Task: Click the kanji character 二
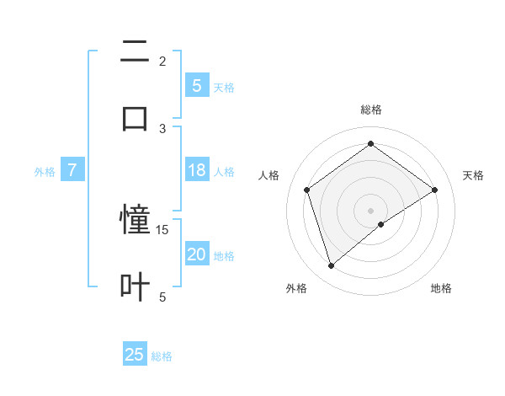[x=135, y=53]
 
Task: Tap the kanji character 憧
[x=135, y=220]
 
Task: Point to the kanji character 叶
[x=135, y=286]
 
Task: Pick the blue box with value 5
[x=196, y=85]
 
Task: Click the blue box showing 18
[x=196, y=170]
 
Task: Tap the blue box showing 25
[x=135, y=355]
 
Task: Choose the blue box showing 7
[x=72, y=170]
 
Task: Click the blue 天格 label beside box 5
[x=224, y=87]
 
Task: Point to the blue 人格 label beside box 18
[x=224, y=172]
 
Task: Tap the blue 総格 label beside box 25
[x=162, y=356]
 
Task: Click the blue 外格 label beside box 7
[x=45, y=172]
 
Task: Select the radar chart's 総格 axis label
[x=371, y=110]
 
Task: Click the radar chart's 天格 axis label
[x=473, y=175]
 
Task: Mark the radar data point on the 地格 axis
[x=381, y=224]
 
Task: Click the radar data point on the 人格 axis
[x=307, y=190]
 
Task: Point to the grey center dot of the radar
[x=371, y=210]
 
